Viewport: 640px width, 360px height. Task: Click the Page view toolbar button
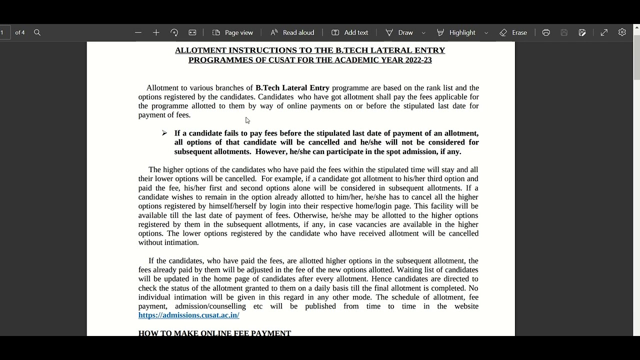tap(233, 32)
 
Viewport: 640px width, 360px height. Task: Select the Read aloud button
tap(292, 32)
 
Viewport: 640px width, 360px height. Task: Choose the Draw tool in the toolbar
tap(399, 32)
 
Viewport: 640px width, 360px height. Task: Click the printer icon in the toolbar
tap(546, 32)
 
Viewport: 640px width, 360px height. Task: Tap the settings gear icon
tap(622, 32)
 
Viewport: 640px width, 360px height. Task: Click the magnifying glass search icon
tap(37, 32)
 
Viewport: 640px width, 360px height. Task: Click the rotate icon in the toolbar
tap(174, 32)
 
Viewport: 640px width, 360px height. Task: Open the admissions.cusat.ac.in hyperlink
tap(188, 315)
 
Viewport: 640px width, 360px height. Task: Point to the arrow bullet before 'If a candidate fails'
tap(164, 133)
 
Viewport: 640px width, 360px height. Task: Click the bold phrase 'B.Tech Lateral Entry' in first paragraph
tap(292, 88)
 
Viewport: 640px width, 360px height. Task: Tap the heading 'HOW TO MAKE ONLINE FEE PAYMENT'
tap(214, 332)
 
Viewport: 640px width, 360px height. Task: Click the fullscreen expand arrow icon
tap(604, 32)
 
